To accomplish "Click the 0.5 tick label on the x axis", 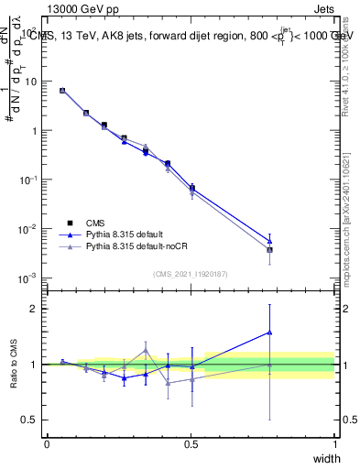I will pyautogui.click(x=191, y=444).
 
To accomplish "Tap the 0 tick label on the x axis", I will pyautogui.click(x=47, y=444).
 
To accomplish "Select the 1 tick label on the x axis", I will pyautogui.click(x=335, y=444).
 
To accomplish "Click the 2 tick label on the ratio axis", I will pyautogui.click(x=34, y=309).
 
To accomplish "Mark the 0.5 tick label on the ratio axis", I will pyautogui.click(x=30, y=420).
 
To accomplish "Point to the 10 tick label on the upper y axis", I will pyautogui.click(x=30, y=82).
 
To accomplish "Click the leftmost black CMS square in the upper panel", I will pyautogui.click(x=62, y=91).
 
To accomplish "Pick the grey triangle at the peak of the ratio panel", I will pyautogui.click(x=146, y=350).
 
